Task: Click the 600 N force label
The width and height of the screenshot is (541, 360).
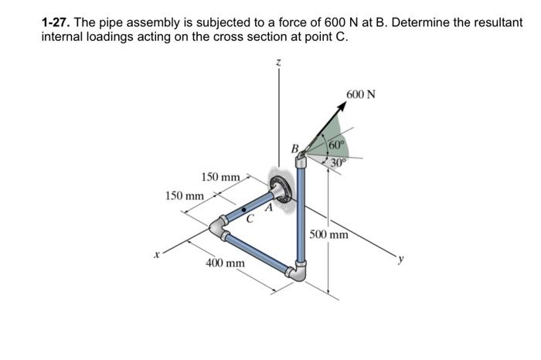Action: click(x=361, y=94)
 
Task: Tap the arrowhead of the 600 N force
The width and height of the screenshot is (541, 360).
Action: click(x=342, y=107)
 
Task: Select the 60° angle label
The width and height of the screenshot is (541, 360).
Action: click(x=336, y=144)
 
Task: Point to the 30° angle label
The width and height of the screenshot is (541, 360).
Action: click(x=339, y=161)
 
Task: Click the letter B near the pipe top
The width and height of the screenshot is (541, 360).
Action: click(x=295, y=148)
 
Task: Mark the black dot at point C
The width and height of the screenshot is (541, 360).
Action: click(x=244, y=209)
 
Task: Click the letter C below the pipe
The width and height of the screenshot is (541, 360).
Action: click(x=250, y=219)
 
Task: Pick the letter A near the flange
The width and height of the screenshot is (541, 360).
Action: click(x=269, y=208)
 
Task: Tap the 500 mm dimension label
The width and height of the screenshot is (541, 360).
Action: click(x=328, y=235)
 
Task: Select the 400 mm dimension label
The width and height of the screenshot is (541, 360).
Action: click(x=226, y=263)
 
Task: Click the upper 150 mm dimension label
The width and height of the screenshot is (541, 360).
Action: click(x=220, y=177)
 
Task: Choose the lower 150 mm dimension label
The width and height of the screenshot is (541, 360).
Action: click(x=185, y=196)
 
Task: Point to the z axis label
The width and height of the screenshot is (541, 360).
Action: click(x=279, y=63)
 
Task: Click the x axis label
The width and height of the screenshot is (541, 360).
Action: click(x=157, y=255)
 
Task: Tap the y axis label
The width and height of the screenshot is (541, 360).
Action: click(x=400, y=259)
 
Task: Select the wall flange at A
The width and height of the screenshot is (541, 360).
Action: click(x=280, y=189)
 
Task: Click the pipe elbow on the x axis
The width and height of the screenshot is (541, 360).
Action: click(x=218, y=228)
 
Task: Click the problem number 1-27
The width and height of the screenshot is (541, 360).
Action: click(x=56, y=22)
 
